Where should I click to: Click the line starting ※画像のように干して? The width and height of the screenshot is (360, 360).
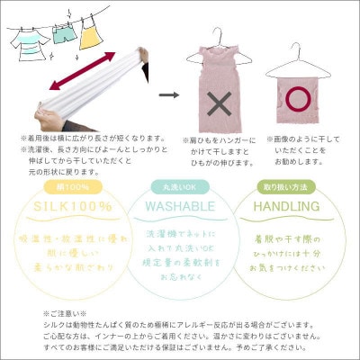tap(305, 139)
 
